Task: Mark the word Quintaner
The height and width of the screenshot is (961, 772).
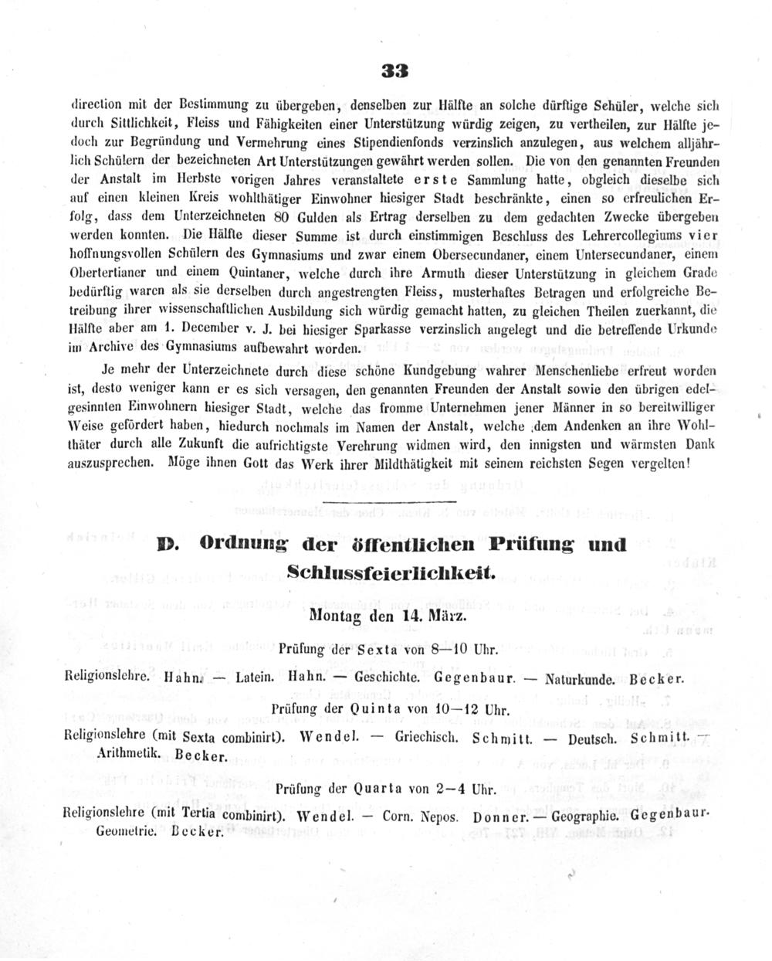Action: [x=238, y=273]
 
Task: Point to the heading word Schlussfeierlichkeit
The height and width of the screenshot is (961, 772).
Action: [x=390, y=572]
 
